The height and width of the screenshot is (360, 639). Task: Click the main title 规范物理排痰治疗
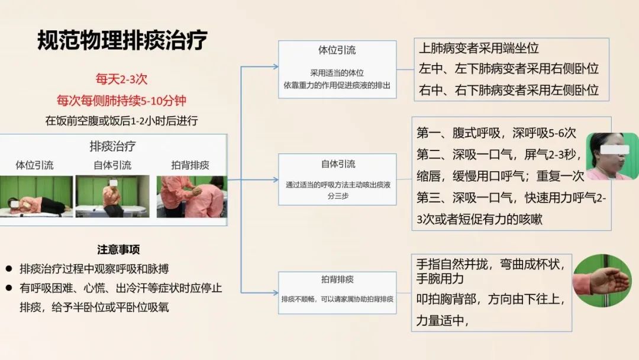122,40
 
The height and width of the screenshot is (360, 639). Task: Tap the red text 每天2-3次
121,79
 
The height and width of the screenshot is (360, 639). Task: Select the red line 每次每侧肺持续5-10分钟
121,100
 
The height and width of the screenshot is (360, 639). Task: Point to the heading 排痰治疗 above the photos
112,146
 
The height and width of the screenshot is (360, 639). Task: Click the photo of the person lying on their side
36,196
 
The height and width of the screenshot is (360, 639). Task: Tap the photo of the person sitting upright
112,196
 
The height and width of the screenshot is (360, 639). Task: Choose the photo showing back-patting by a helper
192,197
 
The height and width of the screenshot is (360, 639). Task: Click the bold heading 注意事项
118,249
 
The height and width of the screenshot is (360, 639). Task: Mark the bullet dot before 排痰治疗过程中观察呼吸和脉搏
9,269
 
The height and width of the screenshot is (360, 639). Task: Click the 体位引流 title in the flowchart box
337,50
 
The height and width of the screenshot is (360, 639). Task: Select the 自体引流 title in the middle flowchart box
338,164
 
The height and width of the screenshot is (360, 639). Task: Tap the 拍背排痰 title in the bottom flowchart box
337,279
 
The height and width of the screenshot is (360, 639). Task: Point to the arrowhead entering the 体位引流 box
276,66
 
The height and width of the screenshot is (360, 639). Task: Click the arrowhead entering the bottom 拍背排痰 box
276,292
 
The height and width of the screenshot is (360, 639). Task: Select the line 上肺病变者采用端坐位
479,49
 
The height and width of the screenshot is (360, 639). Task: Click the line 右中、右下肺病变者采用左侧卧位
509,90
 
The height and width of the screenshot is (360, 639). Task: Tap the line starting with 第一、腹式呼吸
496,133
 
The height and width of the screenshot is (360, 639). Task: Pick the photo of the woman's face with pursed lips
612,156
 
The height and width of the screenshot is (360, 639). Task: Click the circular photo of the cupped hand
602,281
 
